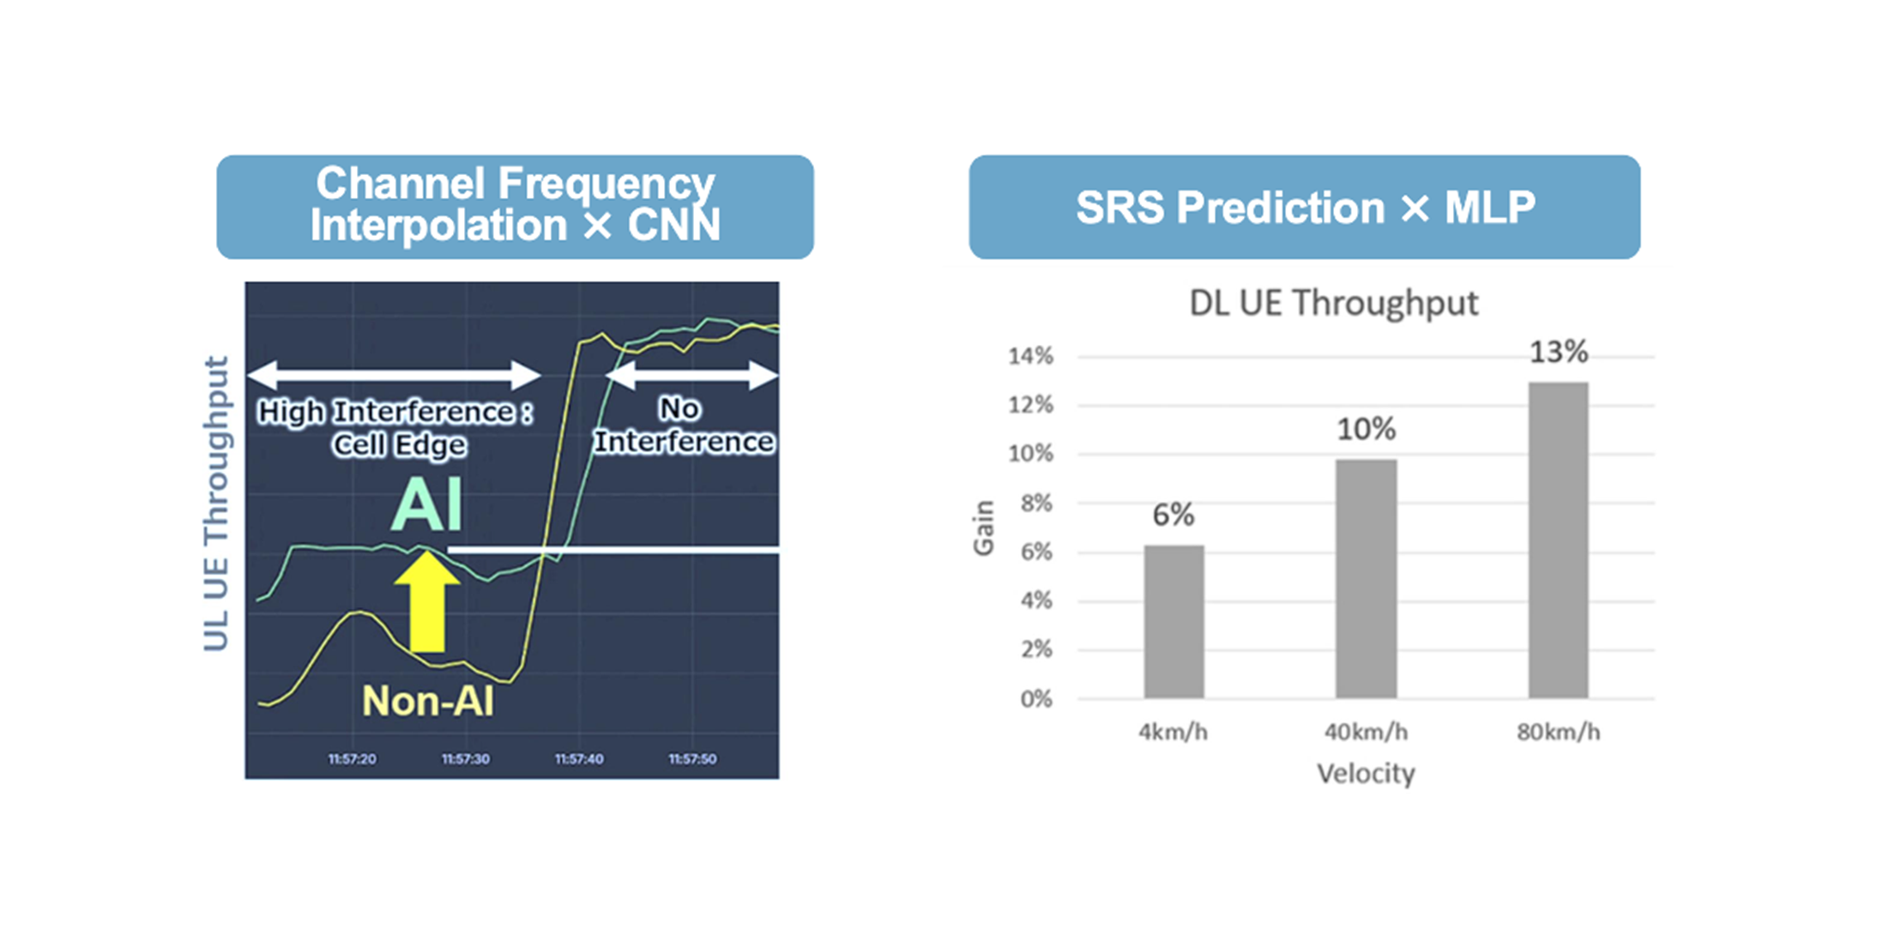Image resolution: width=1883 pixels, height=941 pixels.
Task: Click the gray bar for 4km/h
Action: tap(1174, 621)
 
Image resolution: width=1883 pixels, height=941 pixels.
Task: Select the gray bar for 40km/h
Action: tap(1366, 579)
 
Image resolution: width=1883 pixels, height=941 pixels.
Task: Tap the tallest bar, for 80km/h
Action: tap(1558, 540)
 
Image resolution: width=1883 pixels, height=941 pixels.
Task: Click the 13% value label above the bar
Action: tap(1558, 352)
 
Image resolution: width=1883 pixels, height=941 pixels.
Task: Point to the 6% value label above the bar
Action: tap(1173, 515)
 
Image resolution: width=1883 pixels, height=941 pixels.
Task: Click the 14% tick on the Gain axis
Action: tap(1030, 356)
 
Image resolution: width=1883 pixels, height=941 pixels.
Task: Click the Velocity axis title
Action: tap(1366, 774)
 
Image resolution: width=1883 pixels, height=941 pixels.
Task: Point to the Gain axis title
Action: tap(984, 528)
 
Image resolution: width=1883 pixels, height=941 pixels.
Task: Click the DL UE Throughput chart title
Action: tap(1333, 303)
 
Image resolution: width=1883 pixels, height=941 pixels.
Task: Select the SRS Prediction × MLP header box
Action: tap(1304, 207)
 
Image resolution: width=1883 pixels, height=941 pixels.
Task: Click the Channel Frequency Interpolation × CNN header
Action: tap(515, 207)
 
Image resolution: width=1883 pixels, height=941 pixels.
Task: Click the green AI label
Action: tap(426, 505)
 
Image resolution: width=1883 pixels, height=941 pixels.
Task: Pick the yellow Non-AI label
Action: tap(427, 701)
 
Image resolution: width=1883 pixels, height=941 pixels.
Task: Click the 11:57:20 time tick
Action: tap(352, 759)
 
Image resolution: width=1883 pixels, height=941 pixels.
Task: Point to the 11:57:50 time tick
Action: tap(692, 759)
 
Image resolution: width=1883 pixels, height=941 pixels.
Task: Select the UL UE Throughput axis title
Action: tap(216, 504)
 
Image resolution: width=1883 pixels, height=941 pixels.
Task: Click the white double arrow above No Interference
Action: tap(691, 376)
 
